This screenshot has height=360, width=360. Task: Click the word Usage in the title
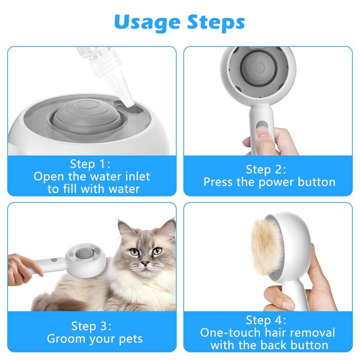click(x=147, y=23)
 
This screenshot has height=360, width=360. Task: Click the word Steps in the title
click(x=216, y=23)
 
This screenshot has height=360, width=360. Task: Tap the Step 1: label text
click(x=90, y=164)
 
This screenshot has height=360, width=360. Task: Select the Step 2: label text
click(x=266, y=170)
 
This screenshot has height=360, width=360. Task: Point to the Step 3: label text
click(x=91, y=326)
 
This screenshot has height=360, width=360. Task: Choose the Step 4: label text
click(x=266, y=320)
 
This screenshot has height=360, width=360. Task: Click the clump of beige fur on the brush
click(x=266, y=246)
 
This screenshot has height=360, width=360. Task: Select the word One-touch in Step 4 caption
click(x=231, y=332)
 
